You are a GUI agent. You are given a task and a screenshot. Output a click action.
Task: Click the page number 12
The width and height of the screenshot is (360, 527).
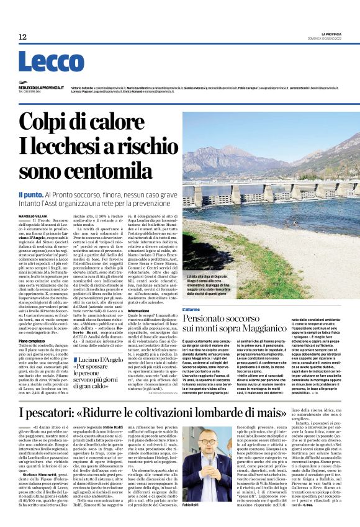22,37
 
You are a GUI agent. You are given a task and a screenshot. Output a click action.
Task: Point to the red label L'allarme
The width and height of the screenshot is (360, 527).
174,308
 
